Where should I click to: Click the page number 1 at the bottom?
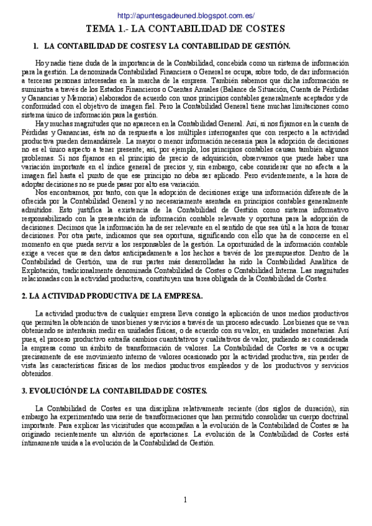pyautogui.click(x=185, y=500)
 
